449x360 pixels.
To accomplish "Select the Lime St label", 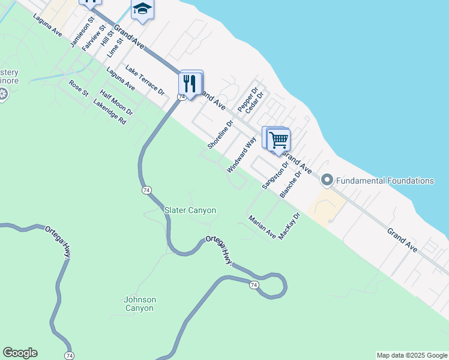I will (x=115, y=47).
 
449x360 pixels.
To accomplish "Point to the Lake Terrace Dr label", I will (x=143, y=80).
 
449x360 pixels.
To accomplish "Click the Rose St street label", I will (x=79, y=88).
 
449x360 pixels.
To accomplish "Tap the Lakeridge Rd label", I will (x=110, y=112).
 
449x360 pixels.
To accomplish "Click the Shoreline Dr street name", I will (x=220, y=135).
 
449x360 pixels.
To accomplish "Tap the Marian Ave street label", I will (x=262, y=227).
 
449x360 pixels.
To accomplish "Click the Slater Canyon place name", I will (x=190, y=210).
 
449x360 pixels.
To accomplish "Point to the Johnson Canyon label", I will (x=139, y=304).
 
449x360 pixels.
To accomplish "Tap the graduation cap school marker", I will (x=142, y=9).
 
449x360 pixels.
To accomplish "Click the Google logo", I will (x=20, y=353).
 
